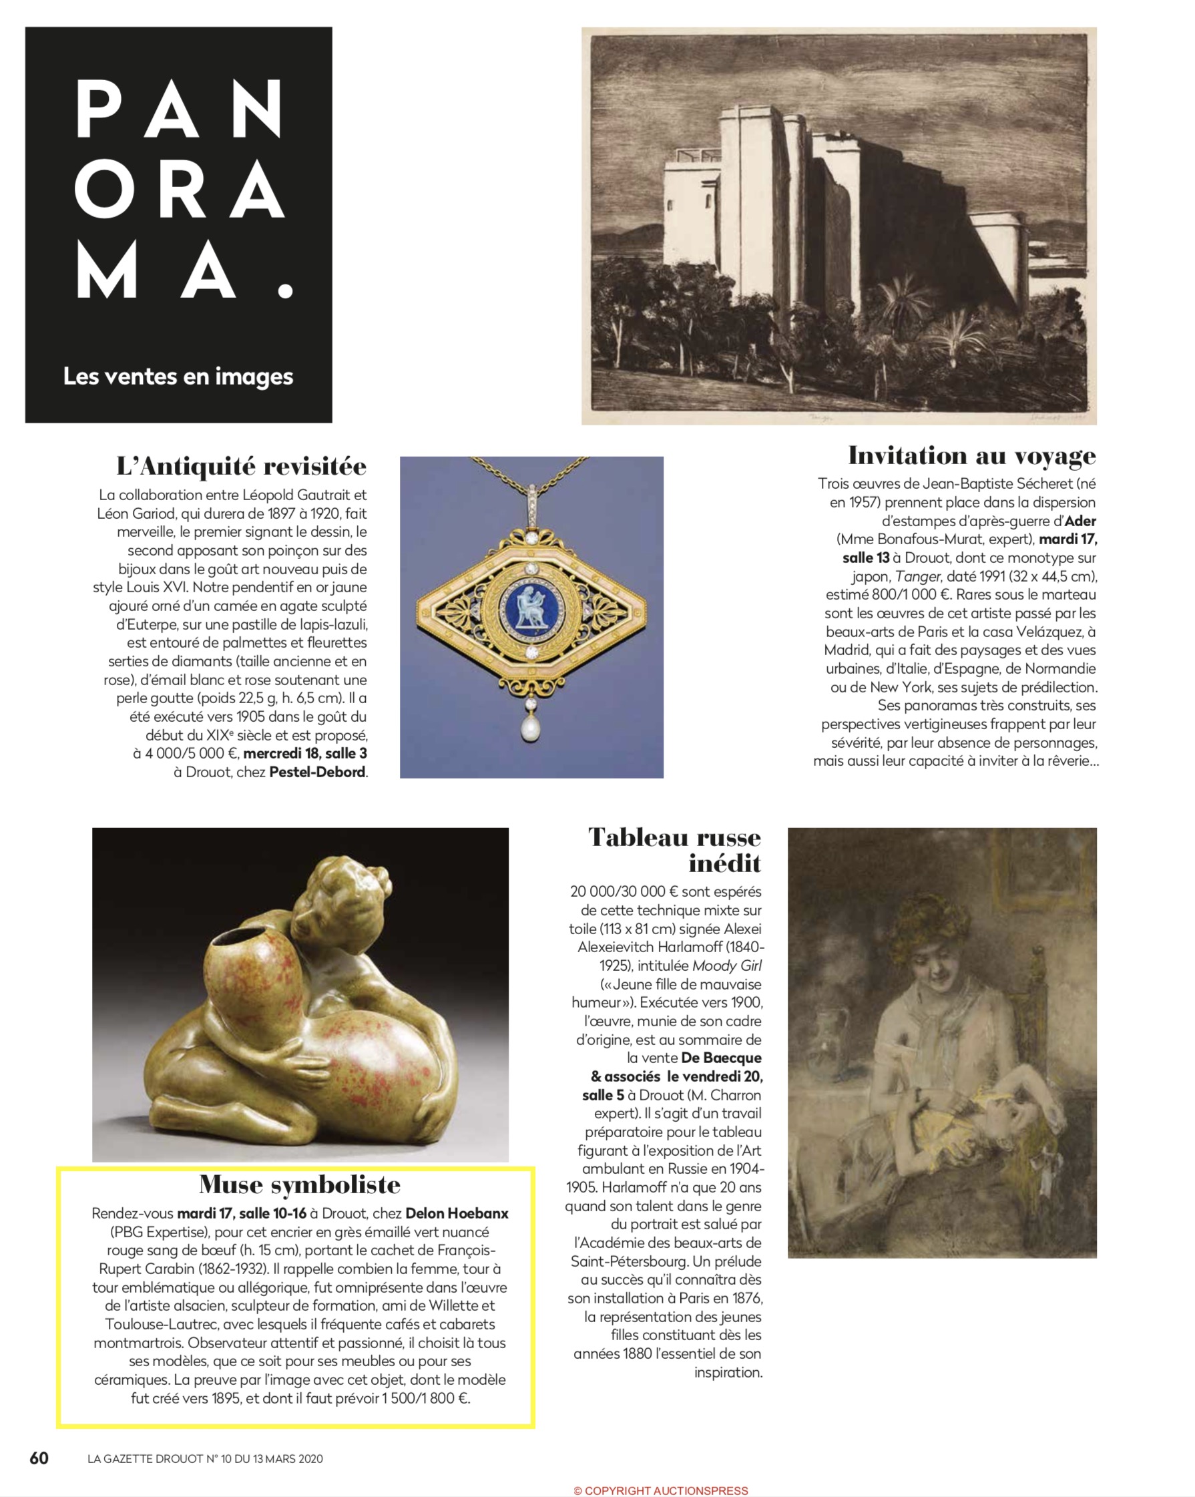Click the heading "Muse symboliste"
click(299, 1184)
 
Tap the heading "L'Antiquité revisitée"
click(241, 466)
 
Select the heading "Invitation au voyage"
click(971, 455)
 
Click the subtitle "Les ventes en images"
click(178, 377)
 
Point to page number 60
click(39, 1458)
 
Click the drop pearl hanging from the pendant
click(531, 729)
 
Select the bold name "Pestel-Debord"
click(316, 771)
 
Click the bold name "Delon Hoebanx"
click(456, 1214)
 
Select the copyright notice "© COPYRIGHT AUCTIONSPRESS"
click(660, 1490)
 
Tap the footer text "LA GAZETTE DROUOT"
click(146, 1459)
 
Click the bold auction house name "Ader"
click(1080, 521)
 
